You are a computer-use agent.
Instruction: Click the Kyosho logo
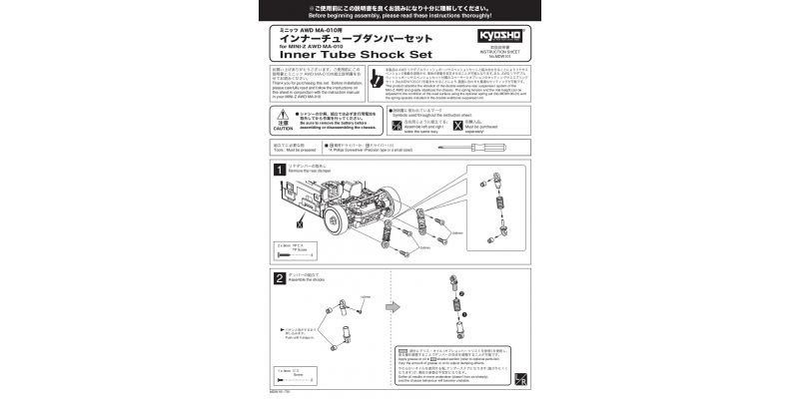click(x=489, y=32)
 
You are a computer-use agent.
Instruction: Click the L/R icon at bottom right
click(x=520, y=381)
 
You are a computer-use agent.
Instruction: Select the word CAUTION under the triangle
click(x=281, y=130)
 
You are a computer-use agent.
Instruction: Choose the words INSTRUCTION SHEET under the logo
click(x=489, y=47)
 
